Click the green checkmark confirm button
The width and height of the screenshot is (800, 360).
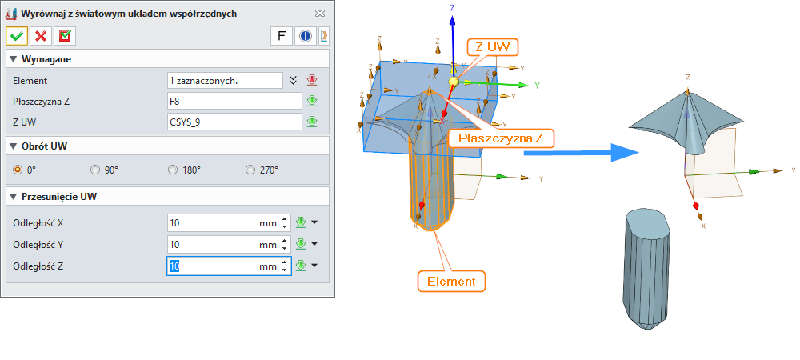[17, 35]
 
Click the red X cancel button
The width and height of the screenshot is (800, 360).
[41, 35]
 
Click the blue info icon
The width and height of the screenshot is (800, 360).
[305, 35]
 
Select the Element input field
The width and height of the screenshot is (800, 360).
[225, 80]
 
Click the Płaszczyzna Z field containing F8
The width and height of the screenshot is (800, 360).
[234, 101]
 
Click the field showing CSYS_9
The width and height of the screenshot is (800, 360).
[234, 122]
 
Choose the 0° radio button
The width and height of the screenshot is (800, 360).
[18, 170]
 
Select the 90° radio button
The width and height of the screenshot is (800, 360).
[95, 170]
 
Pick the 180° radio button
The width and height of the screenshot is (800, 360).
[174, 170]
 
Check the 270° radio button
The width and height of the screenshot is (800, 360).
[251, 170]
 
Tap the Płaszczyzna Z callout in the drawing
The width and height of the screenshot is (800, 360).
[501, 138]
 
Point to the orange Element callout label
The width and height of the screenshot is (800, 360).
[451, 281]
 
